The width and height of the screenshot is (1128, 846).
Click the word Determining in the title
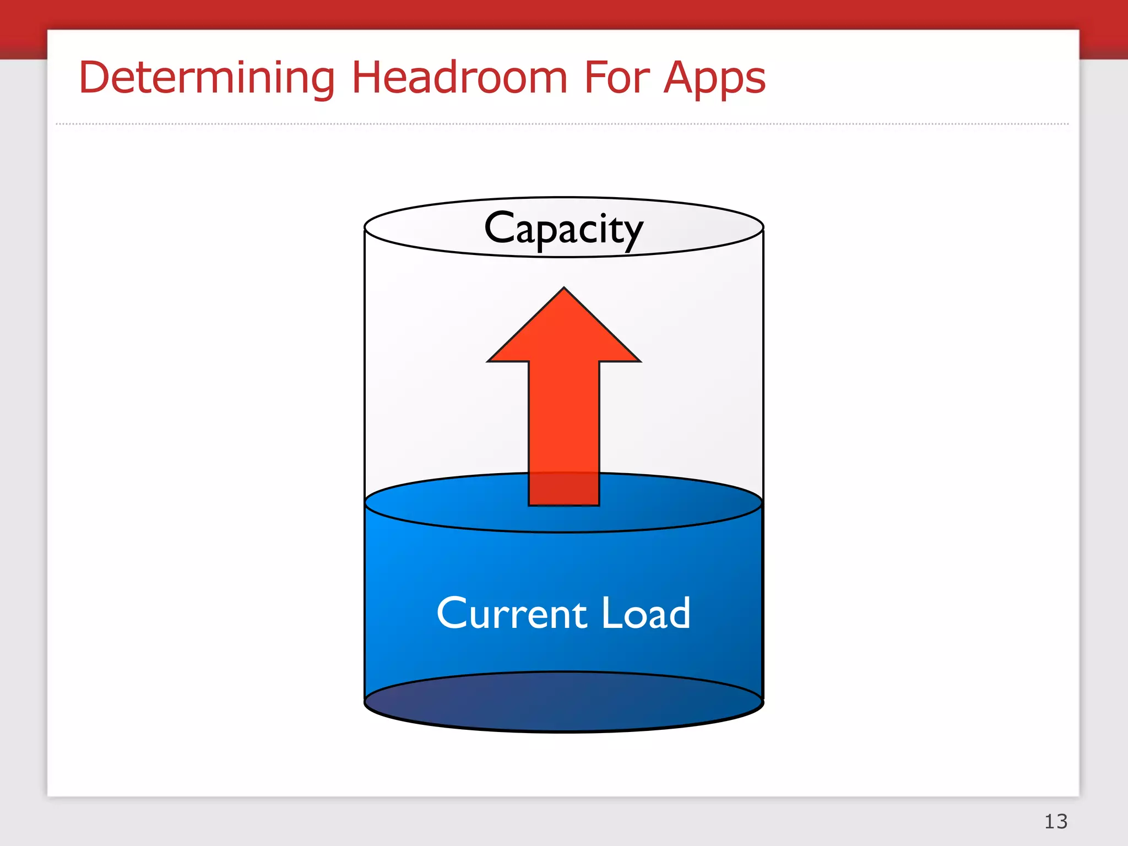click(x=207, y=78)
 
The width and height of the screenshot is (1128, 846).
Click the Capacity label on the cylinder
click(x=563, y=229)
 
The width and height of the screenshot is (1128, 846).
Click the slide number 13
click(x=1056, y=821)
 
